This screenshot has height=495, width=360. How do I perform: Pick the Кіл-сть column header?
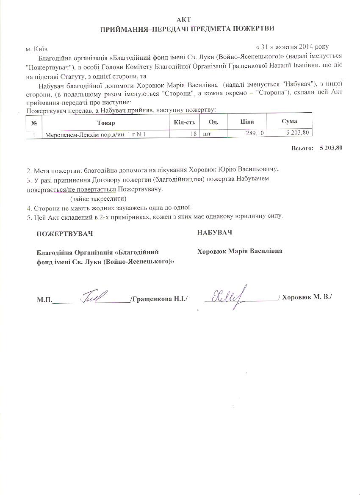[x=184, y=122]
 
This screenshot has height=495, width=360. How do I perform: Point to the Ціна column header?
[x=246, y=122]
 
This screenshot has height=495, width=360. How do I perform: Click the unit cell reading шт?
[x=207, y=134]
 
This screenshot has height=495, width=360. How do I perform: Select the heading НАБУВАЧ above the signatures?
[x=214, y=232]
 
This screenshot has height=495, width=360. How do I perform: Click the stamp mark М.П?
[x=44, y=300]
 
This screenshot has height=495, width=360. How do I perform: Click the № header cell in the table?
[x=34, y=123]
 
